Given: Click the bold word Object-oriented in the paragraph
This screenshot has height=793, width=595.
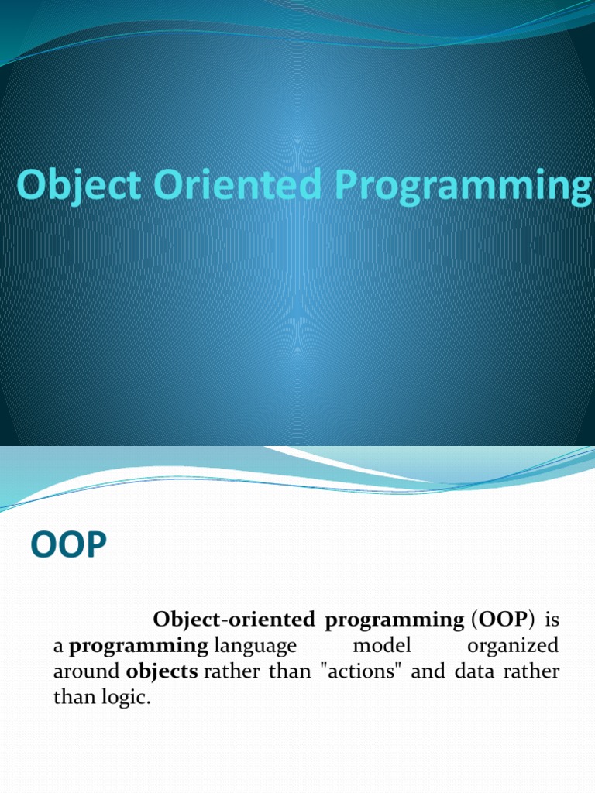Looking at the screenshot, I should click(x=232, y=620).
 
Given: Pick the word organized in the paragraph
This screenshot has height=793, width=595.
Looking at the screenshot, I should click(x=513, y=646).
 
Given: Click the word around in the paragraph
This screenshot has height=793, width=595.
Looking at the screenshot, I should click(x=87, y=671).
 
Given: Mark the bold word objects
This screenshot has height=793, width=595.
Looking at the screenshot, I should click(x=161, y=671).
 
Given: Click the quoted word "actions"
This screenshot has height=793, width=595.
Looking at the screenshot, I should click(x=358, y=671).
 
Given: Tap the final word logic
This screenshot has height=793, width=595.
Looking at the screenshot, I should click(x=123, y=697).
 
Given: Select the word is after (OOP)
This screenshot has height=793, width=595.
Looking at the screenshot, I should click(x=552, y=620).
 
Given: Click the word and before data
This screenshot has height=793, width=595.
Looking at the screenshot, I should click(x=428, y=671).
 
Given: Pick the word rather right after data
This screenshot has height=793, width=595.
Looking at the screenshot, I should click(x=535, y=671).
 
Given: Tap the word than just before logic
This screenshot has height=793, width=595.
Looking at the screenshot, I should click(x=71, y=697).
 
